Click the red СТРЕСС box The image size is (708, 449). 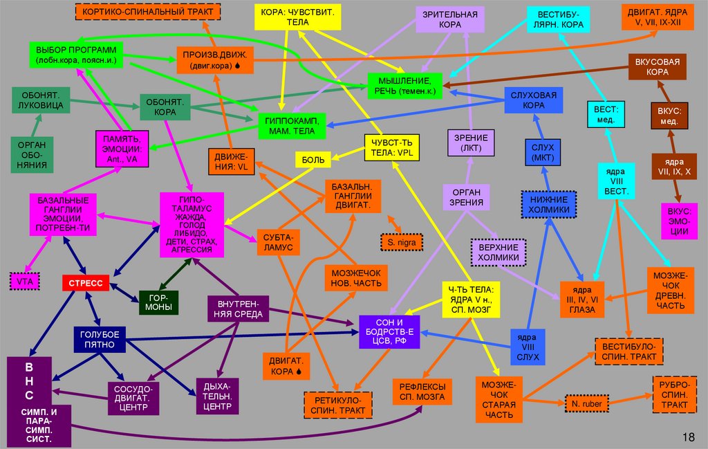pos(86,282)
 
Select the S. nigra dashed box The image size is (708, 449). pos(401,243)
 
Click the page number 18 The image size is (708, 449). pos(688,437)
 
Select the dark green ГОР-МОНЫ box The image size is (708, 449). pos(159,302)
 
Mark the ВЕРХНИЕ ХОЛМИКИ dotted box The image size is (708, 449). pos(498,253)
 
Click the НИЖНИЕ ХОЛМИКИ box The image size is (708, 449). pos(549,204)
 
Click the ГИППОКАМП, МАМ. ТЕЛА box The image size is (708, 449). pos(290,125)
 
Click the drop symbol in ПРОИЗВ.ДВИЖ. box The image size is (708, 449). pos(237,66)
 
